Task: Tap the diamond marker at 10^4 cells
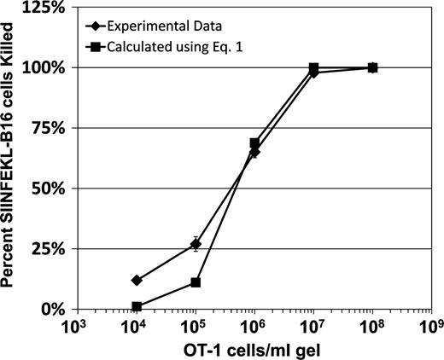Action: [136, 280]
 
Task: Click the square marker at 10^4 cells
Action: [136, 306]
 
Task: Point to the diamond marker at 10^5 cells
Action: [195, 244]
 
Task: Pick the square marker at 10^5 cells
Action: [195, 282]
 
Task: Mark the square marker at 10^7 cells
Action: [314, 67]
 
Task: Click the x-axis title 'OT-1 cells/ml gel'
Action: [254, 349]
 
